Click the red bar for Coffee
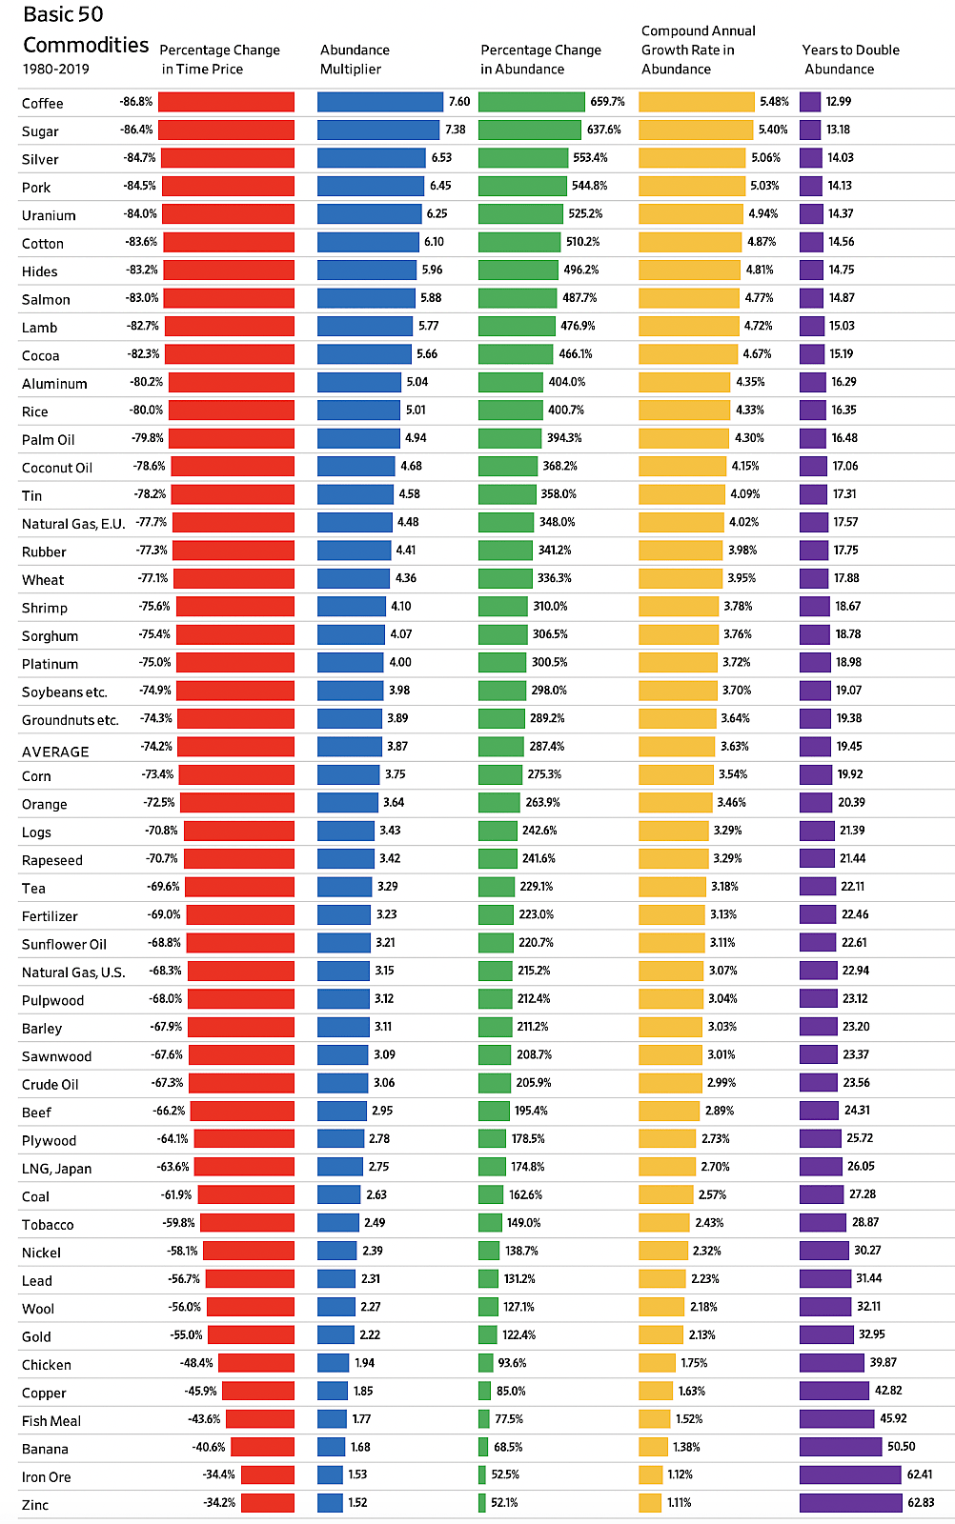[x=226, y=101]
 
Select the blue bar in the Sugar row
[x=378, y=130]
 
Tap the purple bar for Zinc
[x=850, y=1502]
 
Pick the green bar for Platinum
[x=501, y=662]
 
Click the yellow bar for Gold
[x=660, y=1334]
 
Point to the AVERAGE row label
[x=55, y=752]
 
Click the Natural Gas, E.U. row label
[x=73, y=524]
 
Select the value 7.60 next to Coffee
[x=459, y=101]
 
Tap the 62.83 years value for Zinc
[x=921, y=1502]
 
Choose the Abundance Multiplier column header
[x=355, y=59]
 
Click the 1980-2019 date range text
[x=55, y=69]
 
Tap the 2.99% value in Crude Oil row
[x=721, y=1083]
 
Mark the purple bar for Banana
[x=840, y=1447]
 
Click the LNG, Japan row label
[x=56, y=1169]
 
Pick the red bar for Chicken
[x=256, y=1363]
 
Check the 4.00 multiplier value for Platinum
[x=400, y=662]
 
